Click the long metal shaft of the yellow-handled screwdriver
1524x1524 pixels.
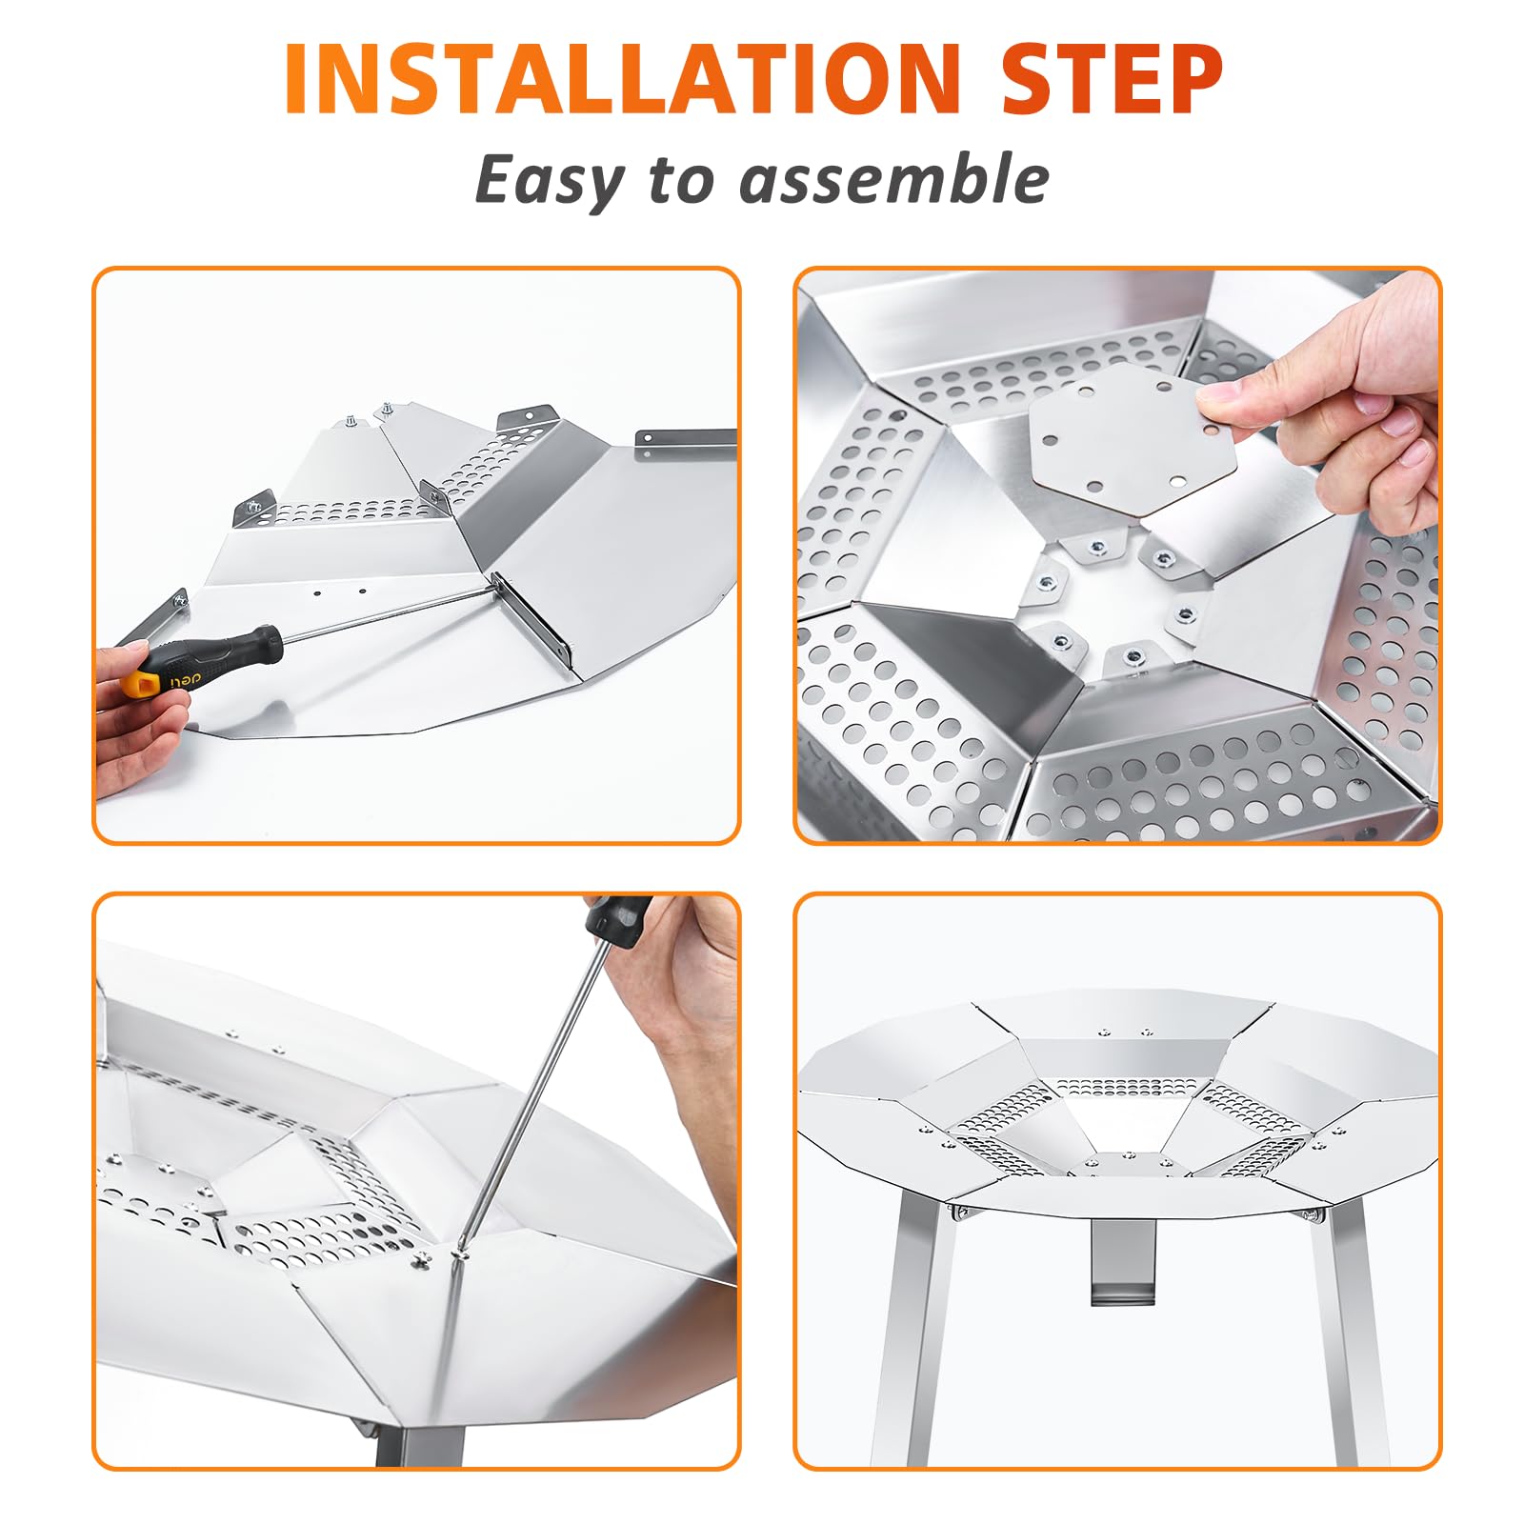click(381, 609)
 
